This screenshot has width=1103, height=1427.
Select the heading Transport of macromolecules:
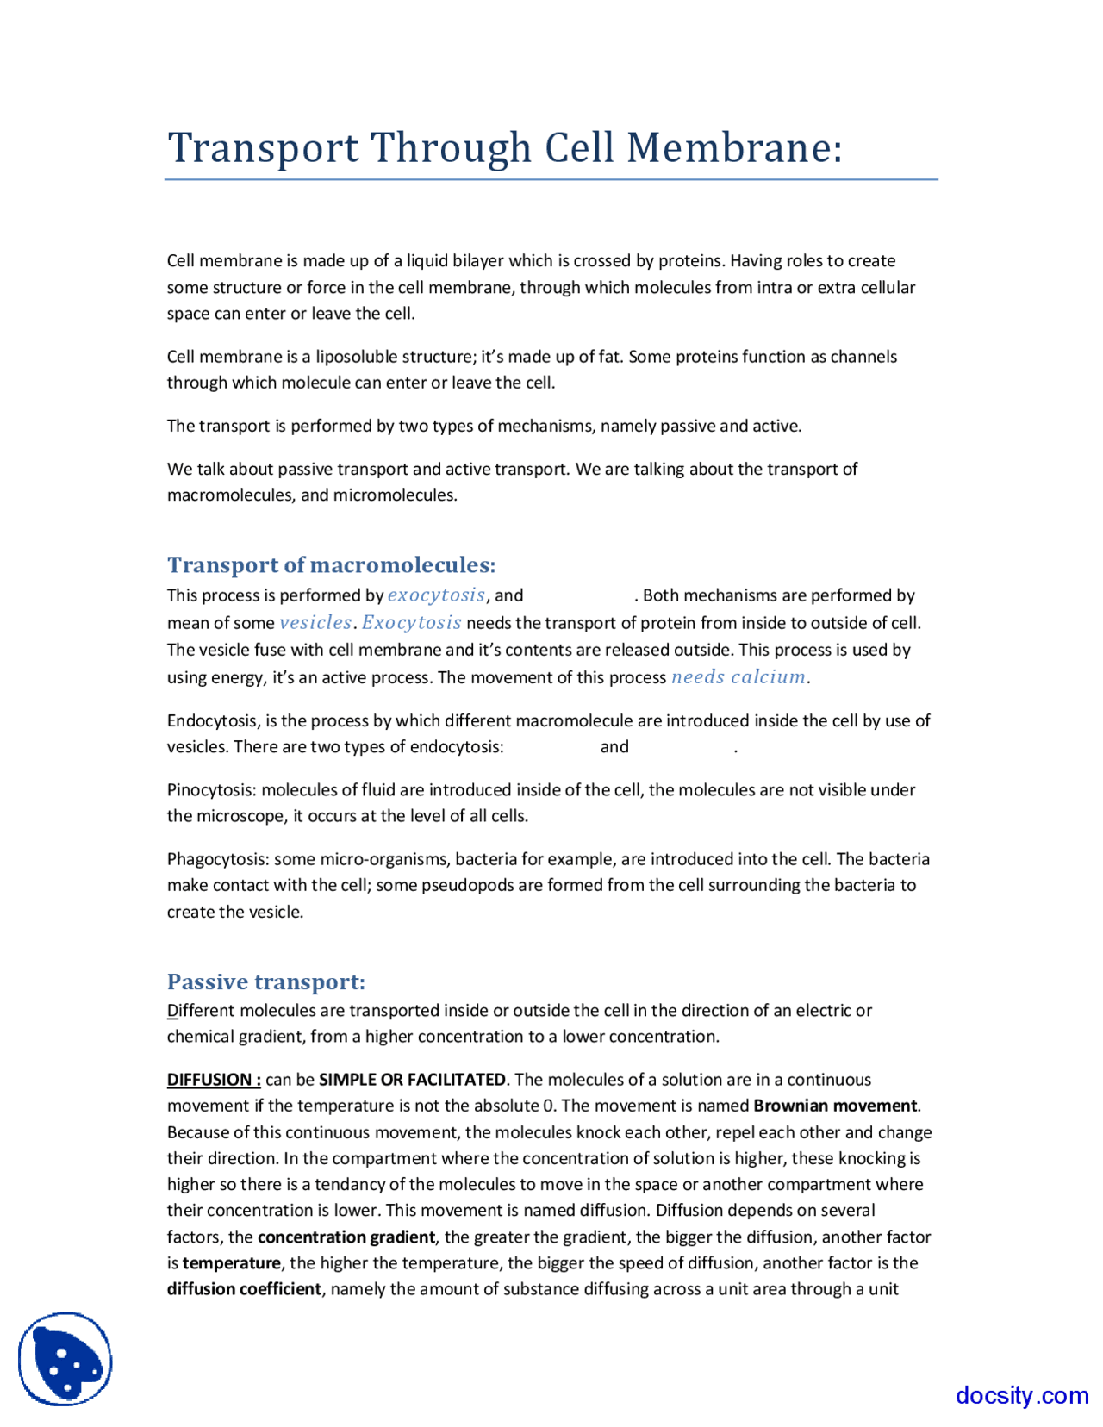coord(331,564)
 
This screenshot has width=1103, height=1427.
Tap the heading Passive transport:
coord(266,981)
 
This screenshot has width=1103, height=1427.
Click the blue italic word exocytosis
coord(436,595)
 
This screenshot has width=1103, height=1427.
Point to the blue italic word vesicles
coord(315,623)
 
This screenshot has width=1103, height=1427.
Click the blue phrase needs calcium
coord(738,677)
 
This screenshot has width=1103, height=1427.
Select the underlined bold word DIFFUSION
coord(209,1080)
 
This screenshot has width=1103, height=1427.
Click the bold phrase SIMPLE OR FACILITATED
coord(412,1080)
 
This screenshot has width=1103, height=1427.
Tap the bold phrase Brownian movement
coord(835,1106)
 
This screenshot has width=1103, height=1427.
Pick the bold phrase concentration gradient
coord(346,1237)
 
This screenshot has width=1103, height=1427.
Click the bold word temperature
coord(231,1263)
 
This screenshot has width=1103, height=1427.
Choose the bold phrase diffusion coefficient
coord(244,1289)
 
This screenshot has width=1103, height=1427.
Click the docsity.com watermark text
coord(1021,1394)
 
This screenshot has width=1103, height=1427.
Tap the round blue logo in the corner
coord(65,1358)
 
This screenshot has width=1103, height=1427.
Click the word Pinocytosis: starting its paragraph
coord(211,790)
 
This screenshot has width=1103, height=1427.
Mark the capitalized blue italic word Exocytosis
coord(412,623)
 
